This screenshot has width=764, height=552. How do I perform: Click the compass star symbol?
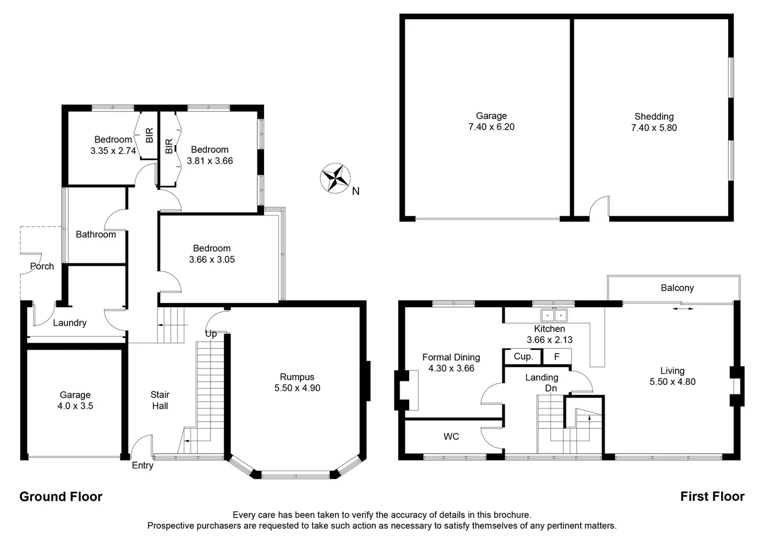point(335,178)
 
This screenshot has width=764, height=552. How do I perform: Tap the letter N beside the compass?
point(356,191)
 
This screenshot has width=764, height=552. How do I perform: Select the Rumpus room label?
point(297,377)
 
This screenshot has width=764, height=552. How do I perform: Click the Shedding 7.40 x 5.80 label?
point(654,122)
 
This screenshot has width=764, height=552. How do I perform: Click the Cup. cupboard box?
point(523,356)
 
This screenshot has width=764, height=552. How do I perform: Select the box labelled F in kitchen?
point(557,357)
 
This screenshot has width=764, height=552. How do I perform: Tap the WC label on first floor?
point(451,436)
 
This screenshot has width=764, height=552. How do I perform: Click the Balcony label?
point(677,288)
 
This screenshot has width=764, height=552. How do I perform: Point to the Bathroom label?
point(96,235)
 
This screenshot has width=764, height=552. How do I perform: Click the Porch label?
point(42,266)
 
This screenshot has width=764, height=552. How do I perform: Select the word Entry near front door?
point(142,466)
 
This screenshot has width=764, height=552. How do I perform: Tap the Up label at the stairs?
point(211,334)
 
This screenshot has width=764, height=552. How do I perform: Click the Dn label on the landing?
point(551,388)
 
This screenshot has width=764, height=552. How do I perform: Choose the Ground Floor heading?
point(61,497)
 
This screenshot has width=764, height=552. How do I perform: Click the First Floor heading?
point(712,496)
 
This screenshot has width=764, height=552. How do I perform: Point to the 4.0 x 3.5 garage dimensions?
point(75,406)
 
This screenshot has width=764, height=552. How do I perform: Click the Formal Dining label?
point(451,357)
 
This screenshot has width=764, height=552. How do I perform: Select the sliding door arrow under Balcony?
point(683,309)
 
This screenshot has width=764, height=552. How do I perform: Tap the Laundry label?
point(69,323)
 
